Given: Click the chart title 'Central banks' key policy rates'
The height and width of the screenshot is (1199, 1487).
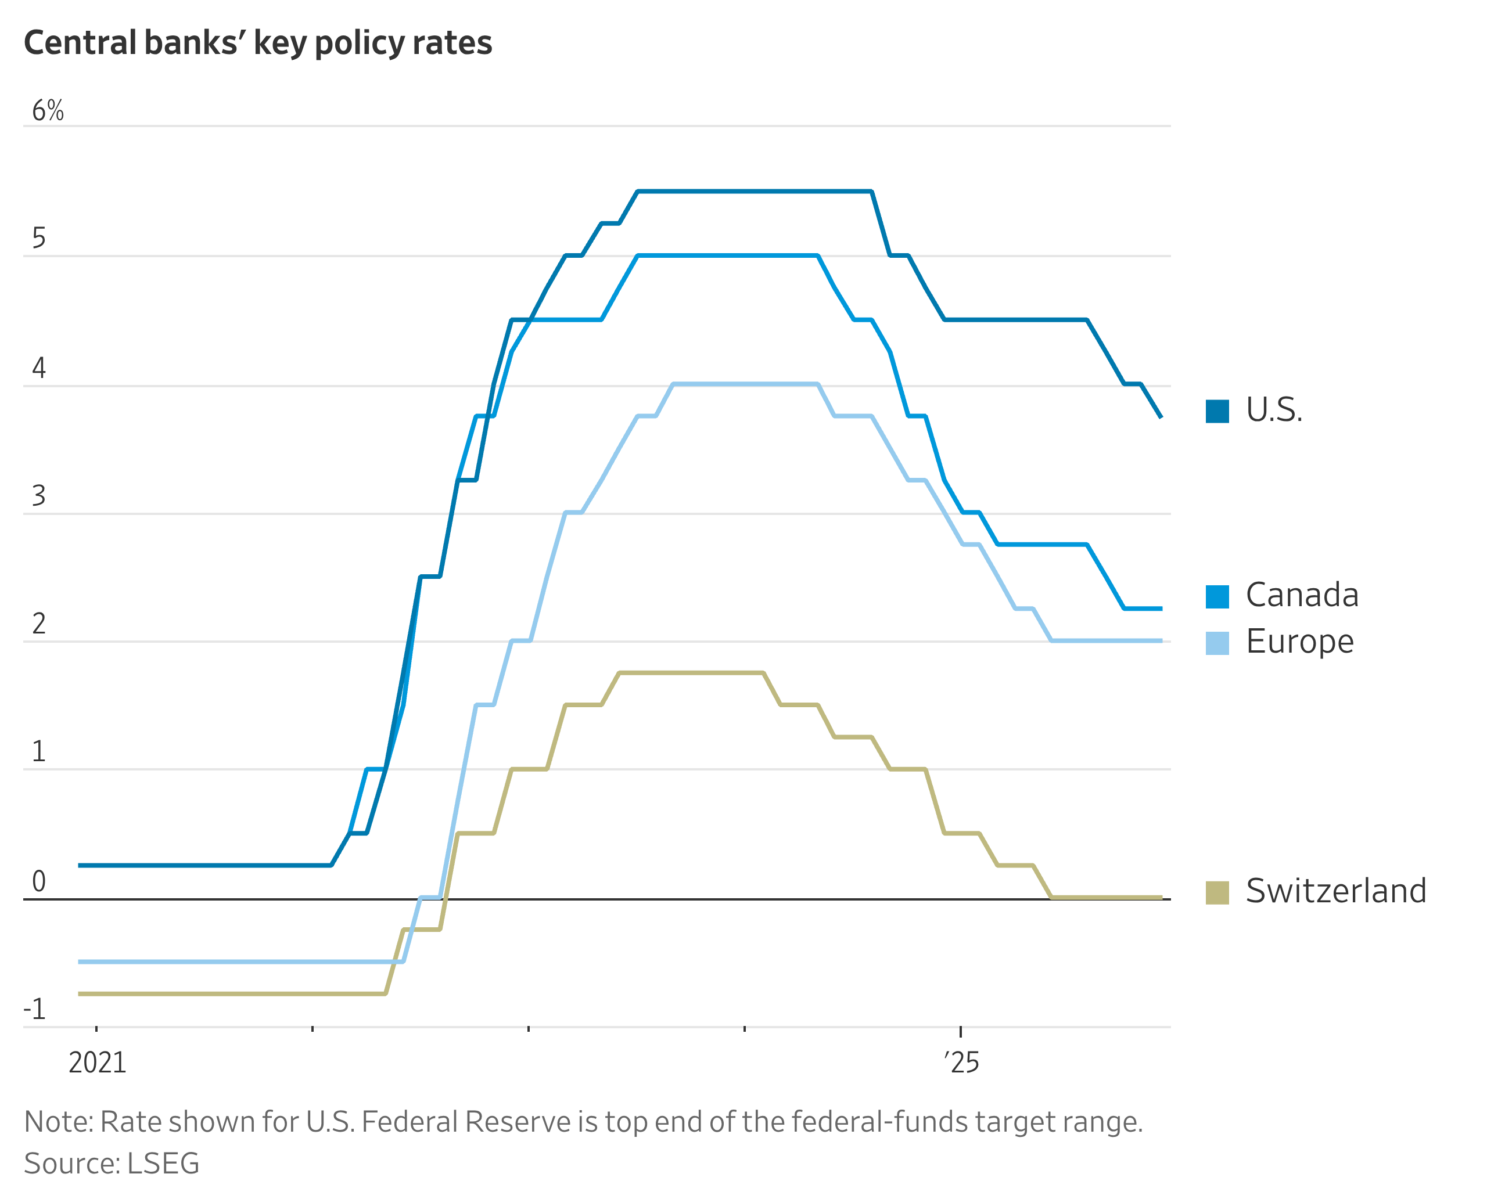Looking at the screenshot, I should pyautogui.click(x=258, y=43).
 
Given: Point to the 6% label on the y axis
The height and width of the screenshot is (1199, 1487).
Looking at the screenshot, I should pyautogui.click(x=48, y=110).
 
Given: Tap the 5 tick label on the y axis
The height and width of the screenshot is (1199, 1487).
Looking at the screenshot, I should pyautogui.click(x=39, y=238).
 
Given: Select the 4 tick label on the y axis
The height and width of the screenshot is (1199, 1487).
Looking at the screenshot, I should pyautogui.click(x=39, y=368).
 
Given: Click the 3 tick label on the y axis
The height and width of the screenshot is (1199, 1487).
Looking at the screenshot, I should pyautogui.click(x=39, y=496).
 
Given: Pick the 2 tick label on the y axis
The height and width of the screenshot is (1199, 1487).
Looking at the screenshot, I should pyautogui.click(x=39, y=624).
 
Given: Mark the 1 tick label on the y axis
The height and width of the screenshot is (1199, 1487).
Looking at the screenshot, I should pyautogui.click(x=39, y=751).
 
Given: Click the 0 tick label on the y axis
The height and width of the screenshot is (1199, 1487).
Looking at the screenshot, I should pyautogui.click(x=39, y=881).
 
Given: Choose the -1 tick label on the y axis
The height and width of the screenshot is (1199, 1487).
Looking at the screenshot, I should pyautogui.click(x=34, y=1009).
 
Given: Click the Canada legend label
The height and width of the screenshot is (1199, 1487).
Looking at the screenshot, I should pyautogui.click(x=1302, y=595).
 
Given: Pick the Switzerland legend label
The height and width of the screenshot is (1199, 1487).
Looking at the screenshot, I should pyautogui.click(x=1335, y=891).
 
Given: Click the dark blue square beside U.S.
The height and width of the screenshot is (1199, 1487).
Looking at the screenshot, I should pyautogui.click(x=1217, y=411).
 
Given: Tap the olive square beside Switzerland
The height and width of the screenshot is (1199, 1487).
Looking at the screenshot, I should pyautogui.click(x=1217, y=892).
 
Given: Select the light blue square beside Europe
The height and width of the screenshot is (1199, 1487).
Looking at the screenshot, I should pyautogui.click(x=1217, y=643).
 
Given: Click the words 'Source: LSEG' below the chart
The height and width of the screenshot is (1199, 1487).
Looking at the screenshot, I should pyautogui.click(x=112, y=1164).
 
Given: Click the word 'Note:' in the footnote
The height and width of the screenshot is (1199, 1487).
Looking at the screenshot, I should pyautogui.click(x=58, y=1122).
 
